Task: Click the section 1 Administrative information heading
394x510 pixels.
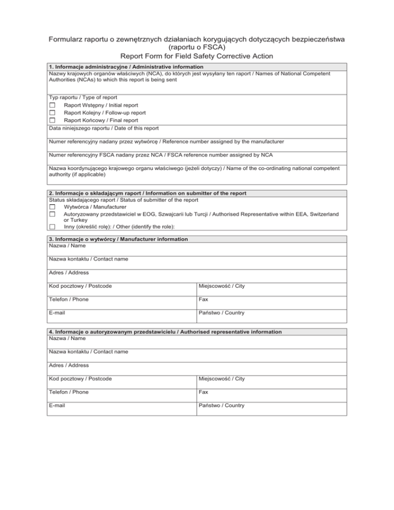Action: coord(126,67)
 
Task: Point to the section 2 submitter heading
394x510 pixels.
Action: coord(148,193)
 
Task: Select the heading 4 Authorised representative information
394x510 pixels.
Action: coord(165,332)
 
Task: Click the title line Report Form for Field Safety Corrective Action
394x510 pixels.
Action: coord(196,56)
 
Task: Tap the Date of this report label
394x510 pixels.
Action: coord(104,128)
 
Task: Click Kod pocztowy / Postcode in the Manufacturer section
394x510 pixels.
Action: coord(81,286)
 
